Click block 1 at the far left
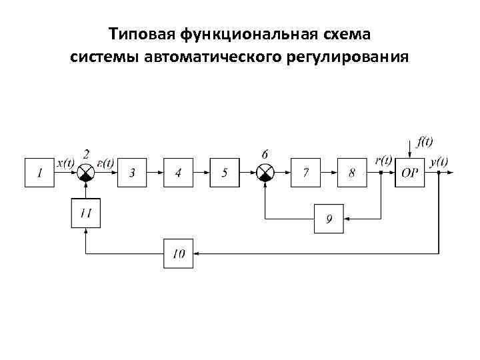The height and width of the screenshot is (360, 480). pos(39,173)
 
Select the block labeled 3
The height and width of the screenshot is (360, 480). pos(132,173)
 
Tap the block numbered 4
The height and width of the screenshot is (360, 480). pos(178,173)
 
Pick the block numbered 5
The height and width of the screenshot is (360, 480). pos(225,173)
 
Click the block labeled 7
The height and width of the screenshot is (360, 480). pos(306,173)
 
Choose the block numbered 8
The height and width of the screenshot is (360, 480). pos(352,173)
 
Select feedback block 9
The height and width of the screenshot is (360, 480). pos(329,219)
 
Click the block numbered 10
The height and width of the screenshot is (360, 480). pos(179,253)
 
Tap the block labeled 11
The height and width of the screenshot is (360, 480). pos(86,213)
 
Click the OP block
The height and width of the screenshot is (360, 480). pos(409,173)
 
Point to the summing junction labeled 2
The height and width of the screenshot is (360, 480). pos(86,173)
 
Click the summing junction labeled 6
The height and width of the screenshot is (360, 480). pos(265,173)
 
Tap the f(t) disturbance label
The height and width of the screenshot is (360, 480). pos(425,142)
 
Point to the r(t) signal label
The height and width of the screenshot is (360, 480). pos(383,161)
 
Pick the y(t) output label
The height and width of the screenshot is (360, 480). pos(439,161)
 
